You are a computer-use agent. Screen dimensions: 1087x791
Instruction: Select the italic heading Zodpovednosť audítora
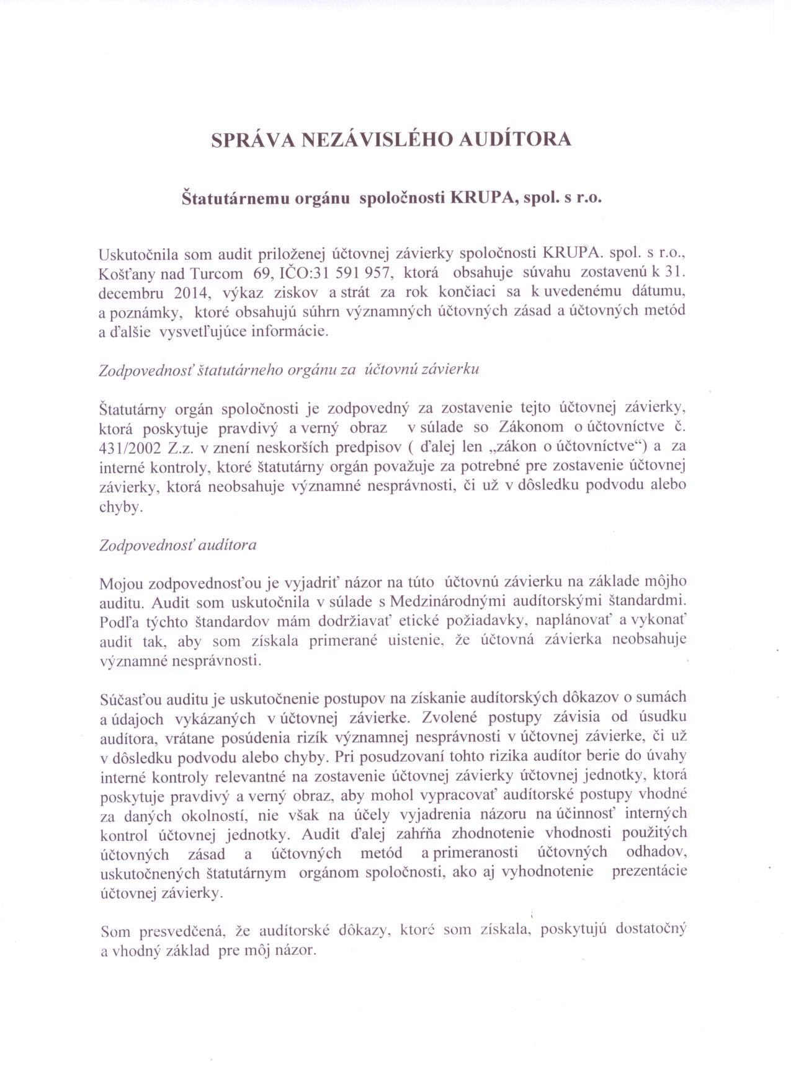coord(178,545)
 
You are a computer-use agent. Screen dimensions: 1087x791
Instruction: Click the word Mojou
coord(120,582)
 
